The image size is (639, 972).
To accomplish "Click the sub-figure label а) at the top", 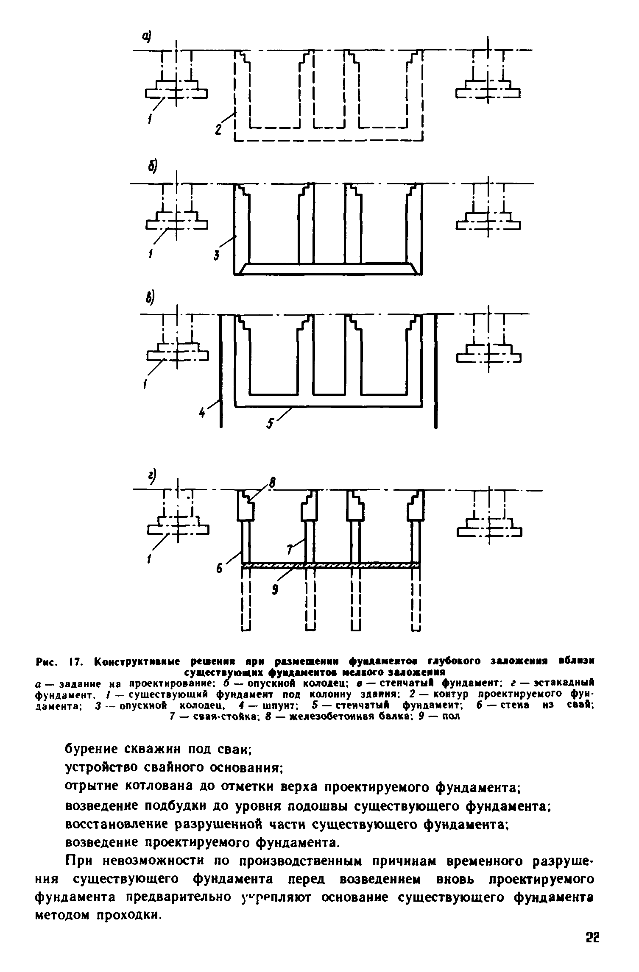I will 147,37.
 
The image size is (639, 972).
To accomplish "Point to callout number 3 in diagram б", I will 217,255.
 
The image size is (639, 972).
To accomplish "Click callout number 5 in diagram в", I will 271,423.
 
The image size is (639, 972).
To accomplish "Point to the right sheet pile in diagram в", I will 436,371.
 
